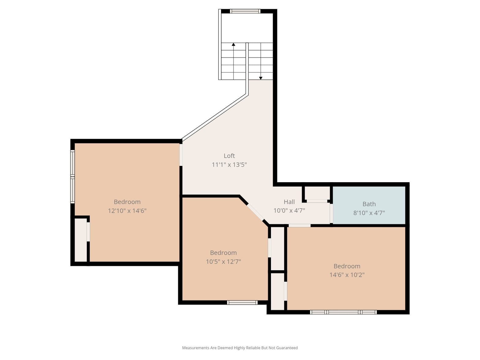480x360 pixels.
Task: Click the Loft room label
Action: click(229, 156)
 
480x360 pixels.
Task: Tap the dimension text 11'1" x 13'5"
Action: click(229, 165)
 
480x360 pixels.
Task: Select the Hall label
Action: click(289, 202)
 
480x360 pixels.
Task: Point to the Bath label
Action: click(369, 204)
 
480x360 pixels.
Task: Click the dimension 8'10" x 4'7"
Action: click(369, 213)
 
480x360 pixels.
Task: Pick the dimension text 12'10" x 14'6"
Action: click(127, 211)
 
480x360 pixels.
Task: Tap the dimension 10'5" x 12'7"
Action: click(223, 261)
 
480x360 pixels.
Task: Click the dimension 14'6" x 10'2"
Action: click(347, 275)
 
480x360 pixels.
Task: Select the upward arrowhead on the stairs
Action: click(233, 44)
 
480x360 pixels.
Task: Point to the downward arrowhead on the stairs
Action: click(261, 78)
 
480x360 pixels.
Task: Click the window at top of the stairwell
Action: click(245, 11)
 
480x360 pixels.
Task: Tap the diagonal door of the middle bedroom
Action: click(255, 212)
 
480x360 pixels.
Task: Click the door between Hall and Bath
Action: click(331, 213)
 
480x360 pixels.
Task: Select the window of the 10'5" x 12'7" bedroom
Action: click(242, 302)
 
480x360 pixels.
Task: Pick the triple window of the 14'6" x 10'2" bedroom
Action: click(343, 312)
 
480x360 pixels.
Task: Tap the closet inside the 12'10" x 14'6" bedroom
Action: click(81, 240)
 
